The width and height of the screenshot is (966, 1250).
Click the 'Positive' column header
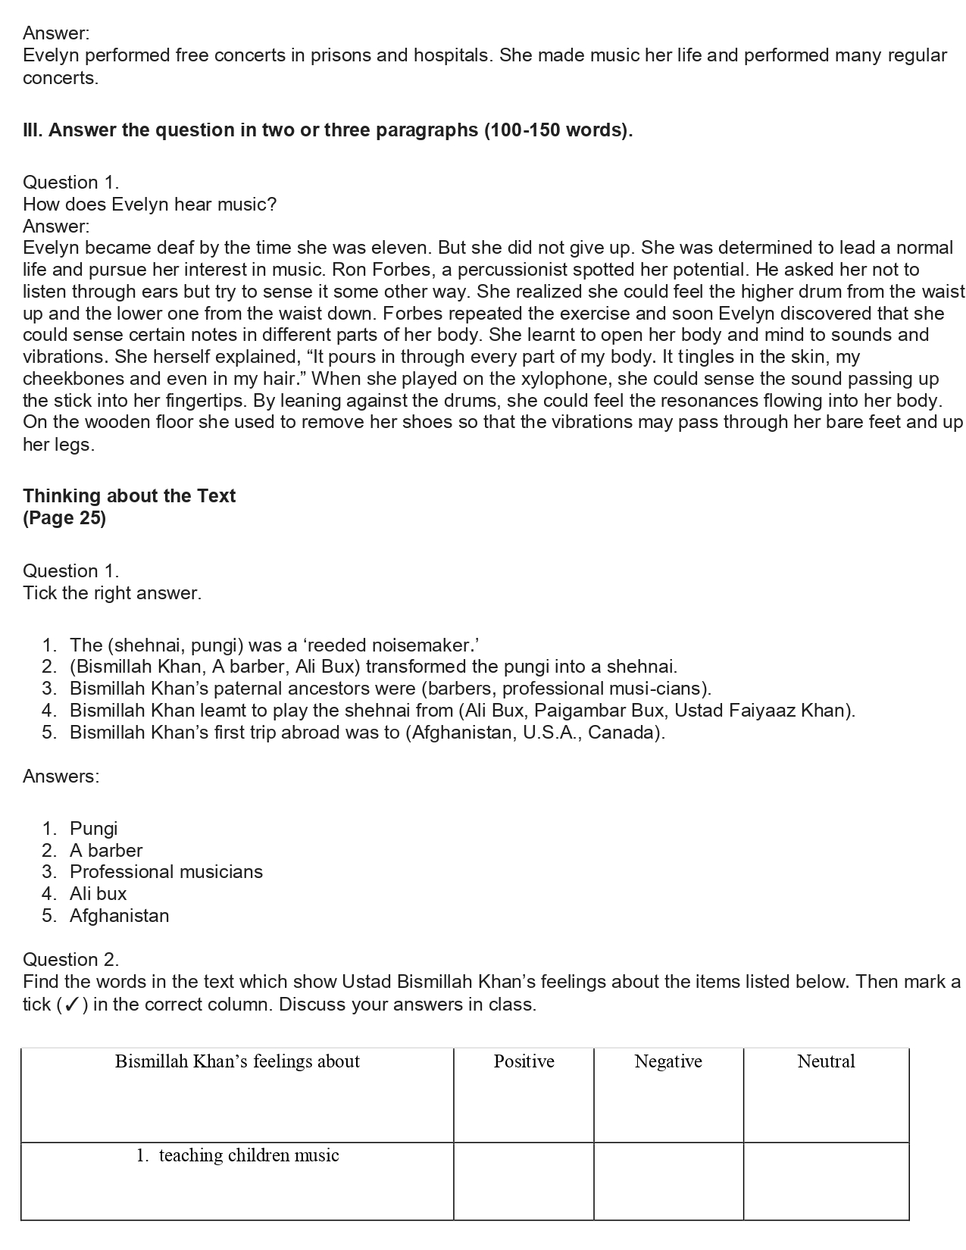coord(524,1061)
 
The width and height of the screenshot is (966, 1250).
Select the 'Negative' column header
coord(667,1061)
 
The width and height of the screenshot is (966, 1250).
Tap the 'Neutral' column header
coord(826,1061)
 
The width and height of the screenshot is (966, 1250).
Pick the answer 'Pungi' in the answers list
coord(93,829)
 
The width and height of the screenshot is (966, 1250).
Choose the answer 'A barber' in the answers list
coord(106,851)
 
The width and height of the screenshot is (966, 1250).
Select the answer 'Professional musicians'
coord(166,872)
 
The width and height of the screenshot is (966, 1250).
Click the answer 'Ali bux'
coord(98,894)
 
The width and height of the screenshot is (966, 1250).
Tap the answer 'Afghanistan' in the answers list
coord(119,916)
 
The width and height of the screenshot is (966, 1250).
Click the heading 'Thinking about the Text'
coord(129,496)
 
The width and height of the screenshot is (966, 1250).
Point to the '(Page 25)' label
coord(64,518)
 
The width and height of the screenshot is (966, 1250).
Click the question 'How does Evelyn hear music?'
coord(149,205)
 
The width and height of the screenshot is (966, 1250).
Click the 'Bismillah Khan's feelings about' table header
coord(237,1061)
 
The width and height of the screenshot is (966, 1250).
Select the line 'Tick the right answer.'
coord(112,593)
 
